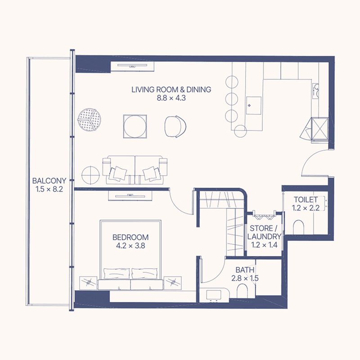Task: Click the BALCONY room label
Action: [x=49, y=181]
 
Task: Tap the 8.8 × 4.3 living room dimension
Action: [x=171, y=98]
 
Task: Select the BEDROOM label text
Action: [x=130, y=237]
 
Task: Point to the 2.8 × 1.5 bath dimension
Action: [x=245, y=278]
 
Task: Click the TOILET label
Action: [x=306, y=199]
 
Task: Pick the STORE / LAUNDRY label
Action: [x=264, y=232]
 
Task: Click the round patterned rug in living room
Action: [x=89, y=120]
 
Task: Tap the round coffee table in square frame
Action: [x=135, y=126]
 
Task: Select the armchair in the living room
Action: [x=175, y=126]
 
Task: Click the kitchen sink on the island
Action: [x=254, y=106]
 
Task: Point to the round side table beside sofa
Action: [x=91, y=175]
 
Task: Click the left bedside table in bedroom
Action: [x=88, y=283]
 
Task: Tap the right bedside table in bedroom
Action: [x=173, y=283]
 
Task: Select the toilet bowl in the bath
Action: [x=242, y=290]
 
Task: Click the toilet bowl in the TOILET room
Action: [x=298, y=227]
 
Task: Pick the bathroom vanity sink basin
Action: [x=214, y=295]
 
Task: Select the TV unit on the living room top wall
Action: [x=132, y=66]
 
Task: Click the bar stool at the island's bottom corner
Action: [x=240, y=131]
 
